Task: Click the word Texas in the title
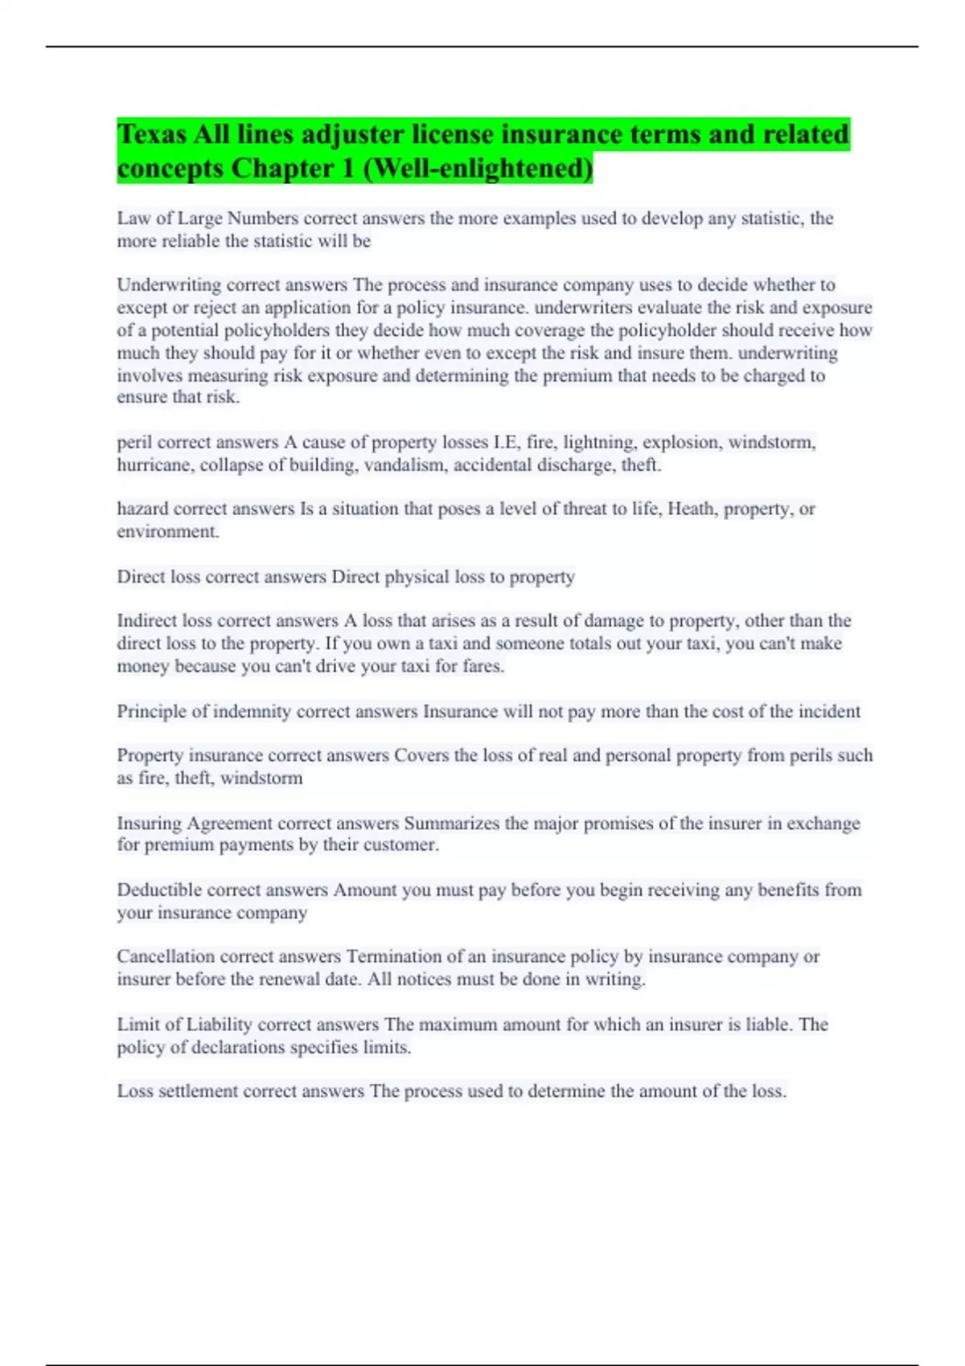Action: [153, 134]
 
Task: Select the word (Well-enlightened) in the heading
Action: [478, 169]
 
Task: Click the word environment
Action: [167, 532]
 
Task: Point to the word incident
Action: [829, 712]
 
